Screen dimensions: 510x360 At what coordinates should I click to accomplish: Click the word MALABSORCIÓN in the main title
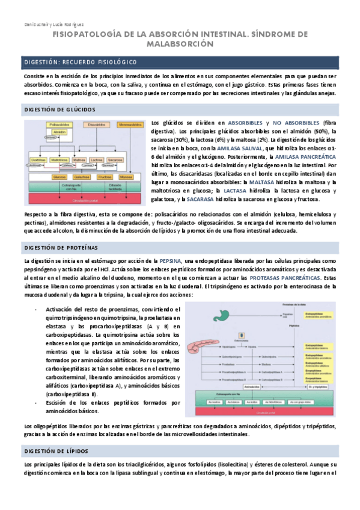coord(180,44)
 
